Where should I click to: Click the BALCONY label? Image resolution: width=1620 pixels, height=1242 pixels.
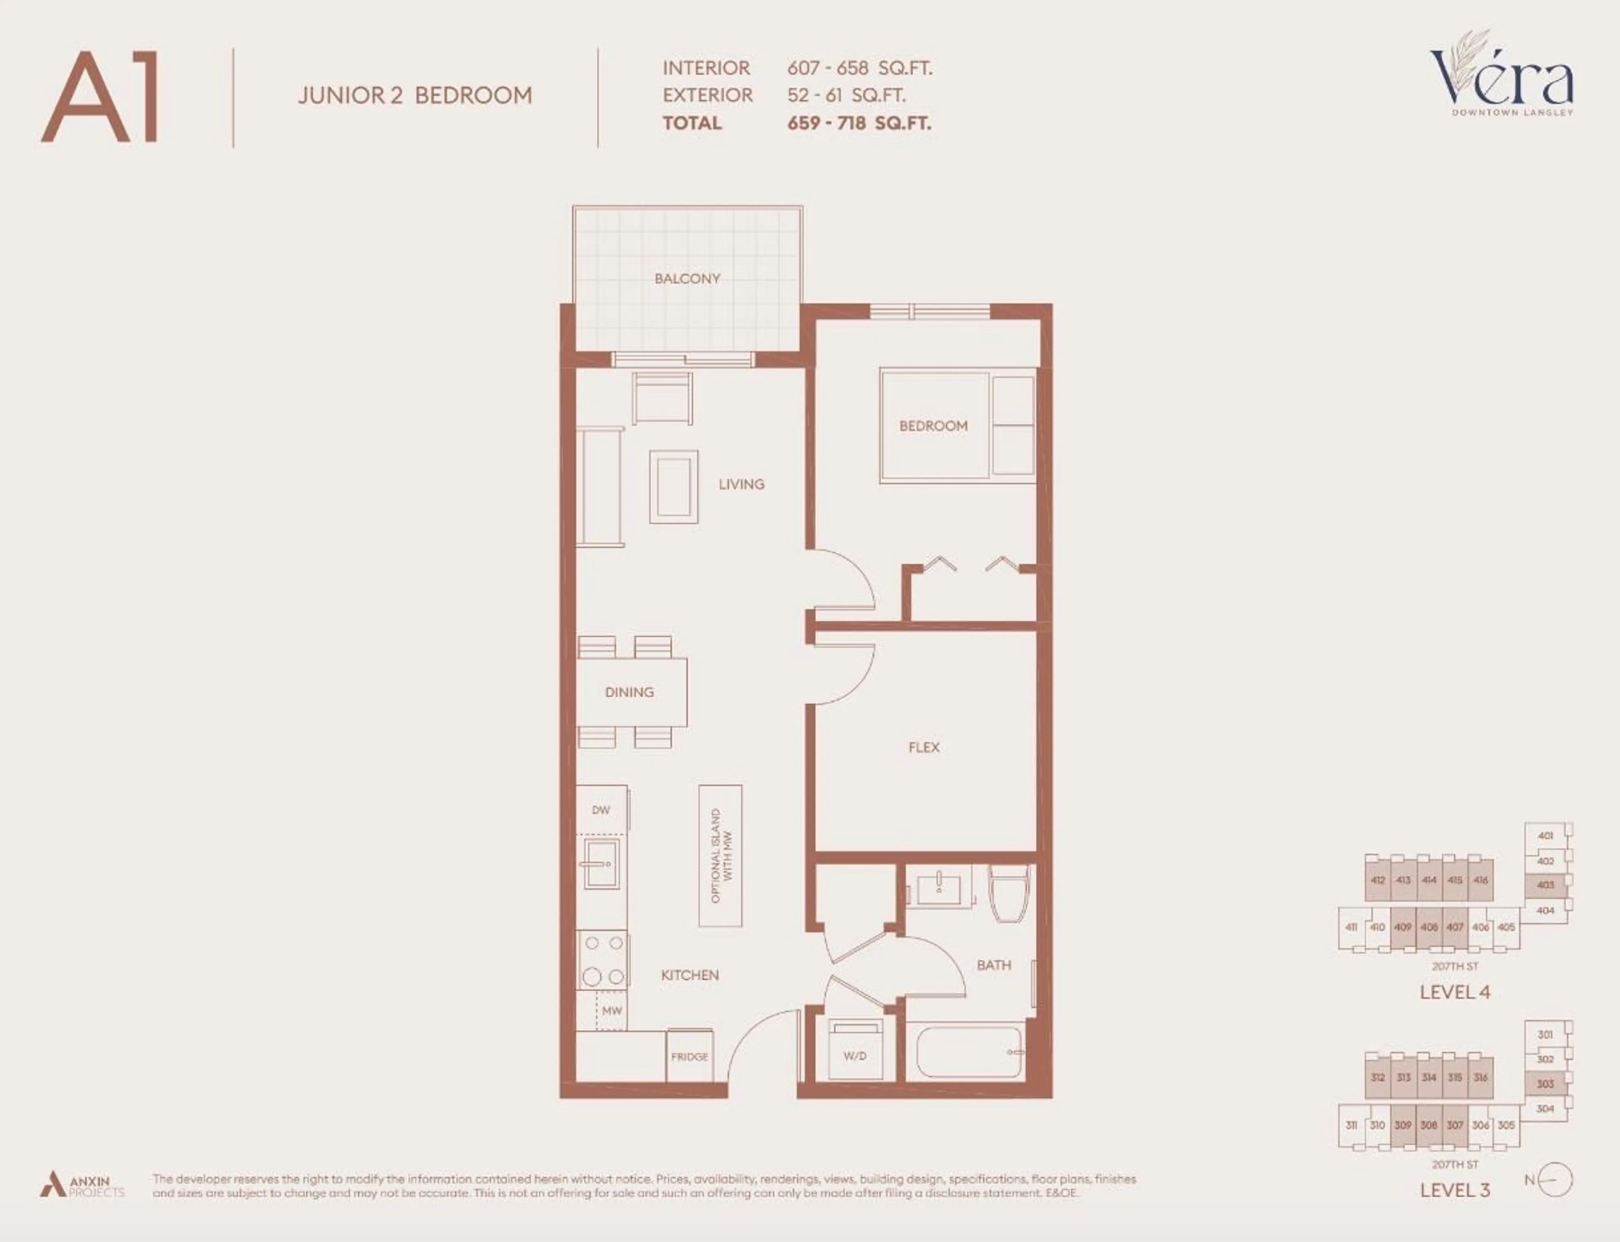(x=687, y=279)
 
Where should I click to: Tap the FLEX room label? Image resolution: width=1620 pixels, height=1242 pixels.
(x=923, y=747)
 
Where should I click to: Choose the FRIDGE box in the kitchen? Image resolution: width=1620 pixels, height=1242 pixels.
(x=689, y=1056)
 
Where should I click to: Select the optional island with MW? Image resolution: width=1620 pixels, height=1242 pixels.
(x=720, y=855)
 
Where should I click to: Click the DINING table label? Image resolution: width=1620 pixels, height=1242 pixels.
(x=629, y=692)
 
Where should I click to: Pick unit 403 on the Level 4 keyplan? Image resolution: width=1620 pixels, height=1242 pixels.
(x=1544, y=885)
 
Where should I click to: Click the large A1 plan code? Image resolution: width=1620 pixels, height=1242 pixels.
(x=100, y=97)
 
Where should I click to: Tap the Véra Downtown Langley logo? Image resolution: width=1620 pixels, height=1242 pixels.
(x=1501, y=78)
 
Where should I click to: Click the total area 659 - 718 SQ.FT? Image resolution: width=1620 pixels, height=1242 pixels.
(x=859, y=124)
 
